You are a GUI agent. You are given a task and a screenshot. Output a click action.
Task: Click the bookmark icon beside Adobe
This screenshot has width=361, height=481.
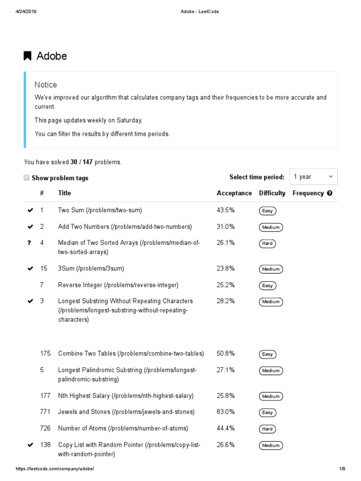[28, 56]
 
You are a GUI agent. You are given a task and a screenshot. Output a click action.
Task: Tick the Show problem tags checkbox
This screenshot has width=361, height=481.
[26, 178]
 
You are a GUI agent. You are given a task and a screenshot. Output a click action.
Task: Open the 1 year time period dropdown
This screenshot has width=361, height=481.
[313, 177]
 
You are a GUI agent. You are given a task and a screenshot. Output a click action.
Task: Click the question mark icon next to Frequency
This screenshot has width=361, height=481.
[330, 193]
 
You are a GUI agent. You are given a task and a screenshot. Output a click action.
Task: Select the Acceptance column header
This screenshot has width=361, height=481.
[234, 193]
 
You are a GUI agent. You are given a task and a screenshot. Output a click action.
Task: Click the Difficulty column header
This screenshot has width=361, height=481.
[272, 193]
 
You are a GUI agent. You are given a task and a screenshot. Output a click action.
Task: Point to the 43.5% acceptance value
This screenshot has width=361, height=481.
[226, 210]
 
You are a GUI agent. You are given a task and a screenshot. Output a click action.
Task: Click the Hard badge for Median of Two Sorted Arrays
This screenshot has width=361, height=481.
[267, 244]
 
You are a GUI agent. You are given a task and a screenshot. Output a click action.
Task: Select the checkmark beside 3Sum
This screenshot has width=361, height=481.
[31, 269]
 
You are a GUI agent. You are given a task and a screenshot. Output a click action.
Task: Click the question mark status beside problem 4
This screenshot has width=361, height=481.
[30, 243]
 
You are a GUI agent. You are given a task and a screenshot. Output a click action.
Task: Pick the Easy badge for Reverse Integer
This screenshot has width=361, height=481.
[267, 286]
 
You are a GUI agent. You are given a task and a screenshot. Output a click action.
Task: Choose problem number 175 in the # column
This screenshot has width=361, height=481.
[45, 353]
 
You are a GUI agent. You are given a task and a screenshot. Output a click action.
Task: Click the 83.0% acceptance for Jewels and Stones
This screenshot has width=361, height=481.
[226, 412]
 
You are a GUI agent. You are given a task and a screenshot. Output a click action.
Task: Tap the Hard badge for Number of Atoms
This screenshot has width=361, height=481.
[267, 429]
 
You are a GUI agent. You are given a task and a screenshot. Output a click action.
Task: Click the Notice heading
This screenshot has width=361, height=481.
[46, 85]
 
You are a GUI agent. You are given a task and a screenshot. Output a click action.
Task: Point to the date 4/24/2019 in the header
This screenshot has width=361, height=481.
[26, 12]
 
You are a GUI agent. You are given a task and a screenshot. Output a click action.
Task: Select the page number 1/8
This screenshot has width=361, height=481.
[342, 469]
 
